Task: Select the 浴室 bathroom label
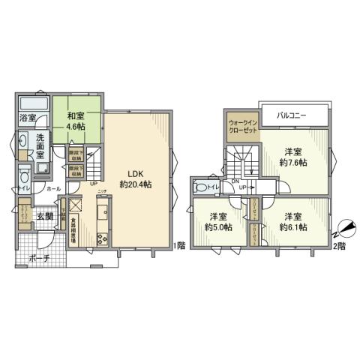(27, 117)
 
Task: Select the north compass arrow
(344, 225)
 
